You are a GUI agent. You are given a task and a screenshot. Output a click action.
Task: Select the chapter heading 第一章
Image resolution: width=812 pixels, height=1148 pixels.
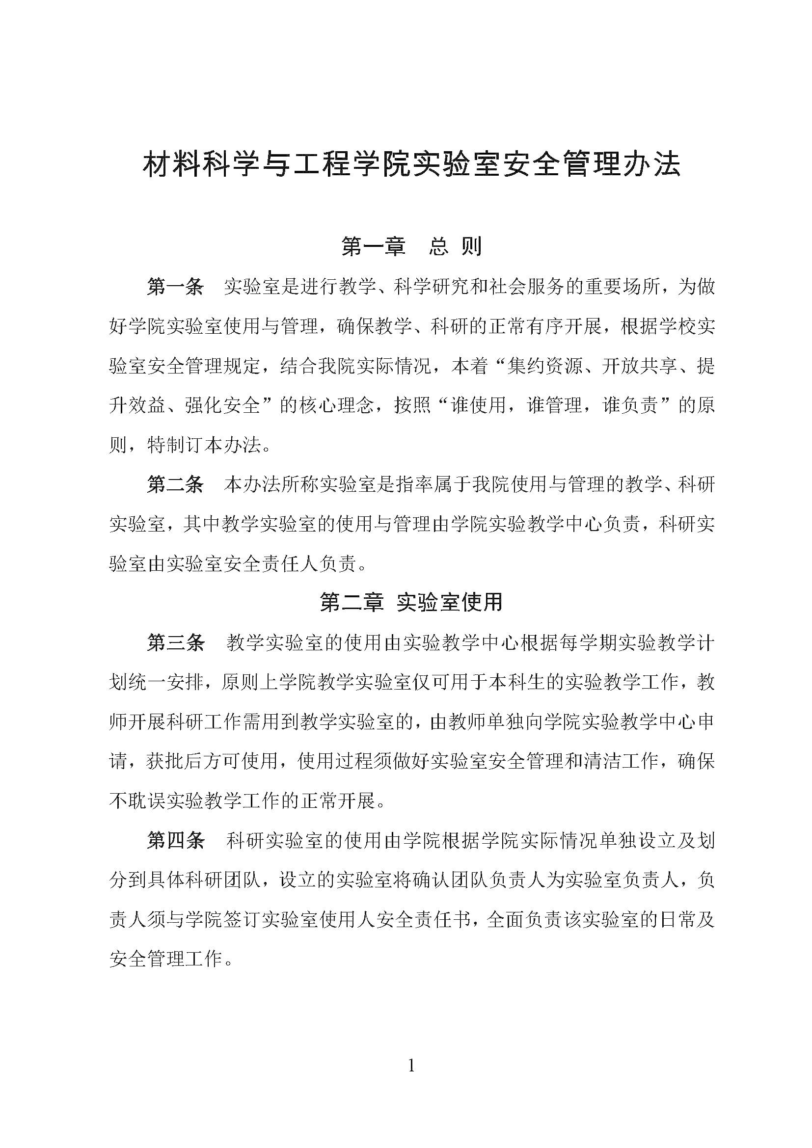[x=373, y=246]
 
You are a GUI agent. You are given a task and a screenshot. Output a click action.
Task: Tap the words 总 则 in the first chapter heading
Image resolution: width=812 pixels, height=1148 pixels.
[x=455, y=246]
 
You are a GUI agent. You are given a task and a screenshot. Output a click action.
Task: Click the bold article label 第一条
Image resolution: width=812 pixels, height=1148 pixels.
[x=175, y=287]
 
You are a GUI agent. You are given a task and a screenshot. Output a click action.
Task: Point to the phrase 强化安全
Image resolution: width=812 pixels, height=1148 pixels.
[x=223, y=405]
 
